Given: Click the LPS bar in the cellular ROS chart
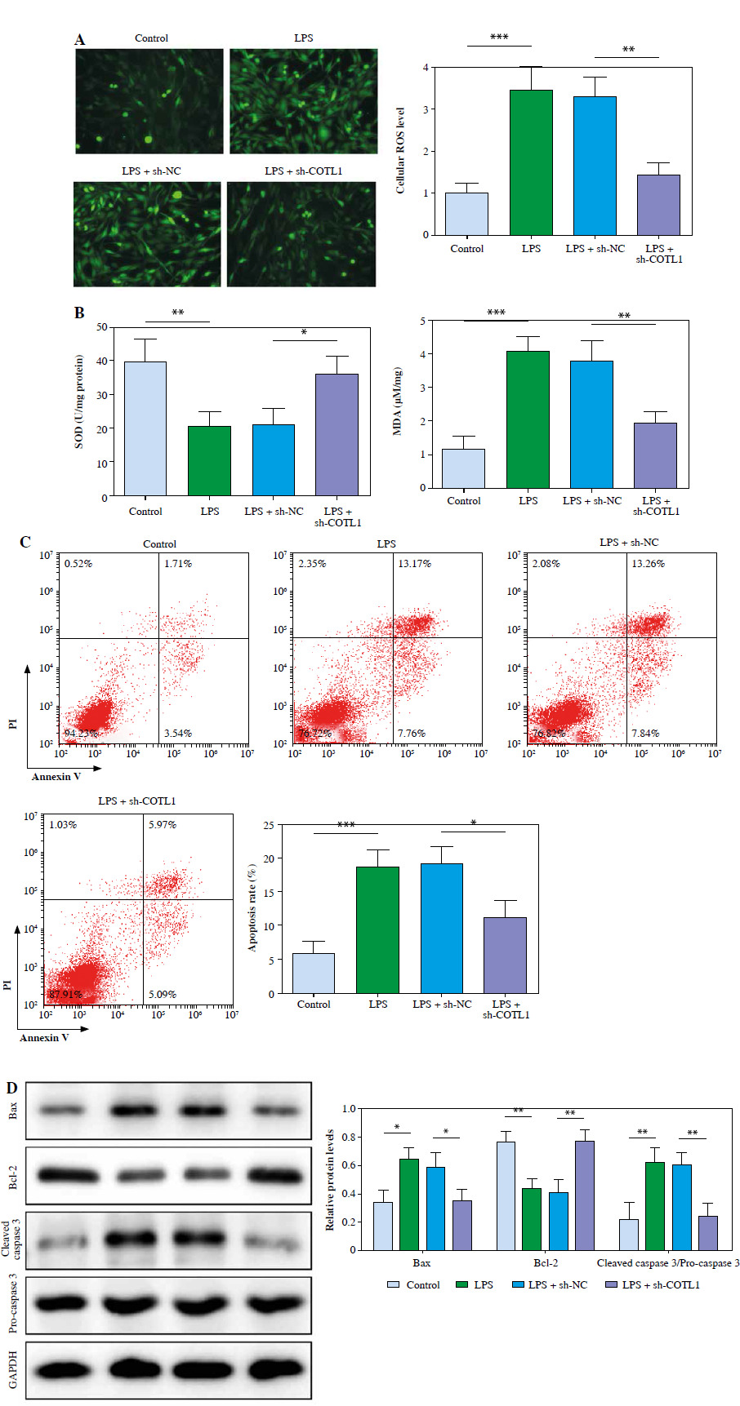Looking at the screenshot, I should (x=531, y=162).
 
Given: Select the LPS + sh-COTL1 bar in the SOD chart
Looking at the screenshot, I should (x=337, y=435).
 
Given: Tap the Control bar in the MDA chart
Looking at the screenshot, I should (x=464, y=468).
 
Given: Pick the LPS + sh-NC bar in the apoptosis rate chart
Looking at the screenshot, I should (x=442, y=928).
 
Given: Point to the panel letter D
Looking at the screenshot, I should (x=11, y=1088).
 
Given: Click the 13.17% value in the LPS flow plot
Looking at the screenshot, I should (x=415, y=564).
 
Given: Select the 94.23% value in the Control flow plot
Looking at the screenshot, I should (x=81, y=734).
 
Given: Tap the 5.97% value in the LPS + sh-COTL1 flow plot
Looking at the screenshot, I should (x=163, y=825).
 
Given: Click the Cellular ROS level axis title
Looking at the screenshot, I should (x=400, y=150).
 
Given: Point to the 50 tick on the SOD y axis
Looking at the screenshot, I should (x=102, y=327).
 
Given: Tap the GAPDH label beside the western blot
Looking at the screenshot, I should (x=13, y=1368).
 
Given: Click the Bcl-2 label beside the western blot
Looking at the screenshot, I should (x=13, y=1176).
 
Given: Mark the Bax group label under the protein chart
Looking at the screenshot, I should (x=421, y=1263).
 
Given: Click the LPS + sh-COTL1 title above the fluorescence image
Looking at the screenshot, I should (x=303, y=171).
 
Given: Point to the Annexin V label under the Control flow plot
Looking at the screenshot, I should (x=56, y=777).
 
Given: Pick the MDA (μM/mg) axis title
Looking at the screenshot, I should (x=398, y=401).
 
